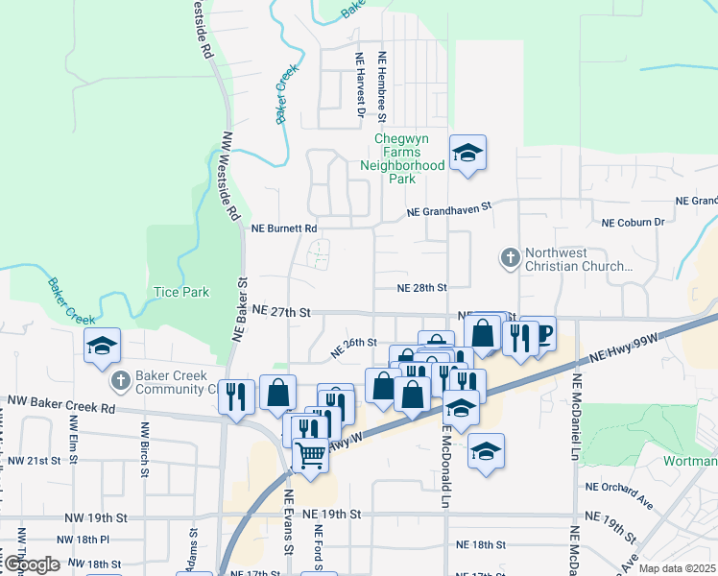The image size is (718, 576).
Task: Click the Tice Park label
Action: click(x=181, y=291)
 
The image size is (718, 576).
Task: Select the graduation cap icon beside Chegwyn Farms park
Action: click(x=467, y=154)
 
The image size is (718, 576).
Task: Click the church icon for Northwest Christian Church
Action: click(x=510, y=257)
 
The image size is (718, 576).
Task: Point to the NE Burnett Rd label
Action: click(x=284, y=229)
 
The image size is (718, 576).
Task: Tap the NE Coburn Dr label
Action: click(x=633, y=223)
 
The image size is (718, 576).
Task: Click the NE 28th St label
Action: click(x=422, y=287)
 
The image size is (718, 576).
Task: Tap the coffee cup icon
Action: click(x=542, y=334)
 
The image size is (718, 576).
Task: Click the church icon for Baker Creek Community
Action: click(x=121, y=381)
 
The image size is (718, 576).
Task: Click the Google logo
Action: click(x=32, y=564)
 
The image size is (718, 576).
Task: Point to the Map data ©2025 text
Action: click(x=676, y=568)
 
